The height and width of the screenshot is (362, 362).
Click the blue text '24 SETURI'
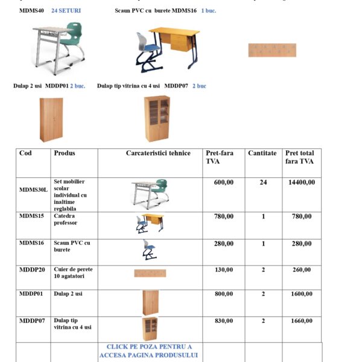[x=66, y=11]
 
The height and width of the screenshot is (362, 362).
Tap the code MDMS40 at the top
[x=31, y=11]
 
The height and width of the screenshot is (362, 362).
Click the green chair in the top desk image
[x=74, y=36]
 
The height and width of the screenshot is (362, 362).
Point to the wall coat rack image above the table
[x=272, y=50]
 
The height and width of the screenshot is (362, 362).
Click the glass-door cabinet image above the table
[x=156, y=118]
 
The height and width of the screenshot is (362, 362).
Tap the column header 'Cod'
[x=25, y=153]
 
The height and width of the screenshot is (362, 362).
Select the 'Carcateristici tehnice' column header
[x=158, y=153]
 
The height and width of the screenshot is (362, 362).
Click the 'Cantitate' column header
[x=262, y=153]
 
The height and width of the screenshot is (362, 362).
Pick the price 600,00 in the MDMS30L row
[x=224, y=182]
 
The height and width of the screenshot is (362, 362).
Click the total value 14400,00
[x=301, y=182]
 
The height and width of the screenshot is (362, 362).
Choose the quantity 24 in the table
[x=263, y=182]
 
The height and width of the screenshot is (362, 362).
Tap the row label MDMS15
[x=31, y=216]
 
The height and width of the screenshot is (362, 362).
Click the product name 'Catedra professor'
[x=65, y=220]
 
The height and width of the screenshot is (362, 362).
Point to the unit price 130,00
[x=224, y=270]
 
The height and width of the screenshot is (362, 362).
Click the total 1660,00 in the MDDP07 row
[x=301, y=321]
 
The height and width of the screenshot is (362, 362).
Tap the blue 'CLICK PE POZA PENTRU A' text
[x=149, y=347]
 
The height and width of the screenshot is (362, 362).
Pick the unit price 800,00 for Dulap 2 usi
[x=224, y=294]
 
